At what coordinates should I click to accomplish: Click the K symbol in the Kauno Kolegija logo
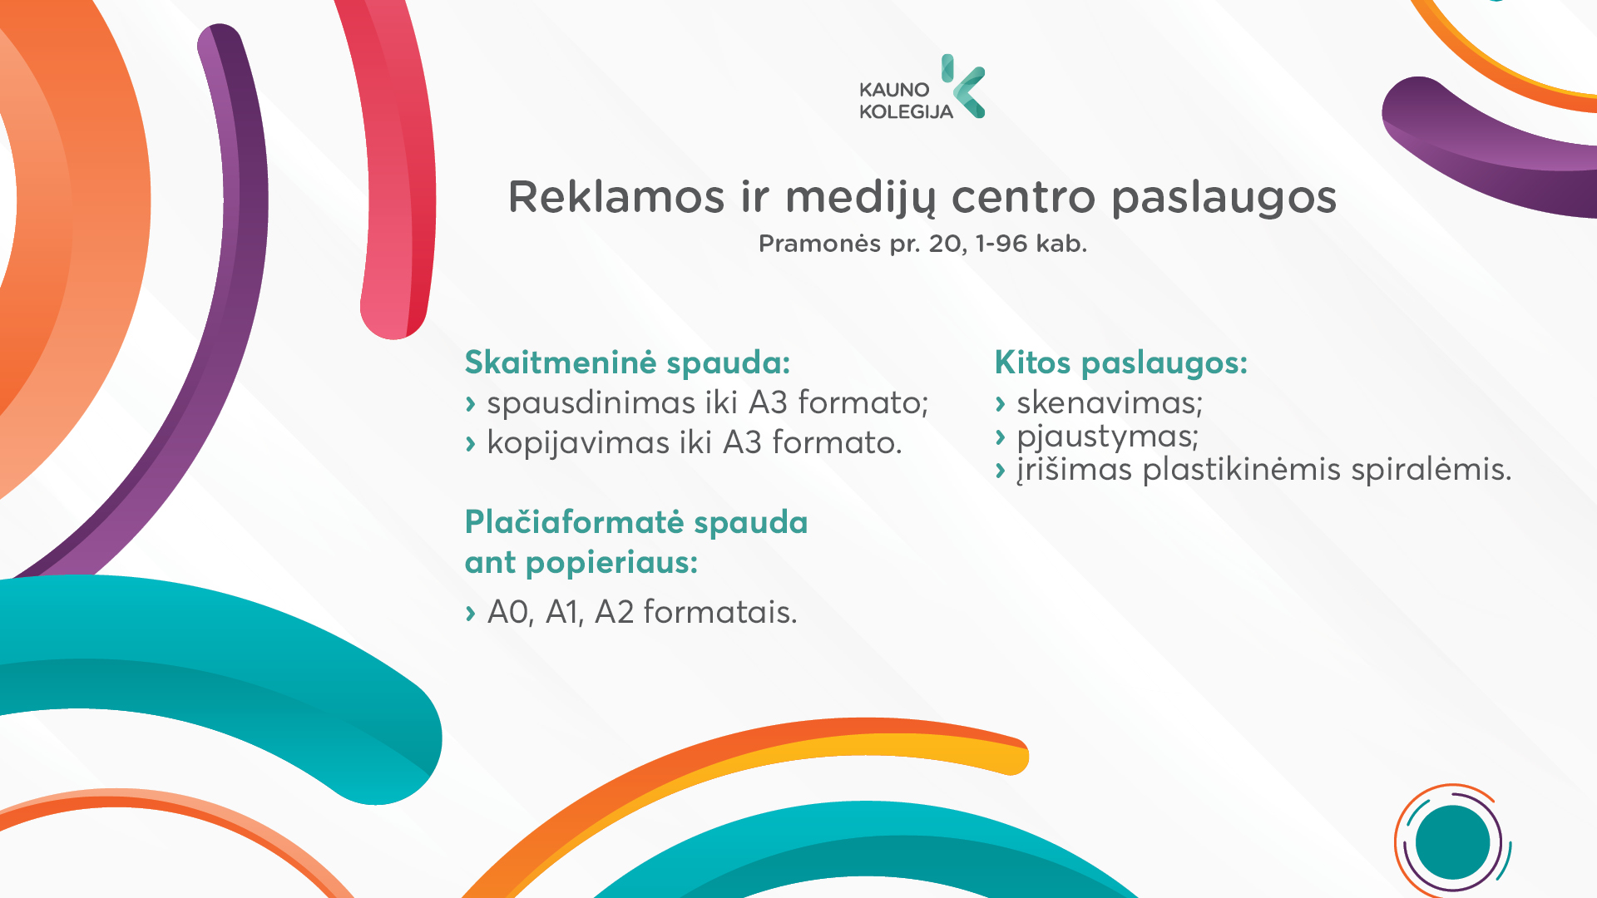pyautogui.click(x=963, y=86)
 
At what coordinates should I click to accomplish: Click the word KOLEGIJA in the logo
pyautogui.click(x=906, y=112)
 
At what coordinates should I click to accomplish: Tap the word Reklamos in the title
pyautogui.click(x=616, y=197)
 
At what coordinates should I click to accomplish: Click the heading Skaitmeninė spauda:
pyautogui.click(x=627, y=363)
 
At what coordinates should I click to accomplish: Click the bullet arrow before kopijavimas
pyautogui.click(x=471, y=444)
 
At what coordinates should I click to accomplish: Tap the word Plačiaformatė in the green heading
pyautogui.click(x=574, y=522)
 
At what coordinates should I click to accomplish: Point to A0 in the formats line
pyautogui.click(x=509, y=613)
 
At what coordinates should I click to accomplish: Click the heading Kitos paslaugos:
pyautogui.click(x=1121, y=363)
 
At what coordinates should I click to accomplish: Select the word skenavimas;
pyautogui.click(x=1110, y=403)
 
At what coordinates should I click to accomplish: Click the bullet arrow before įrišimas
pyautogui.click(x=1001, y=471)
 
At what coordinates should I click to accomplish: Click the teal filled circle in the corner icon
pyautogui.click(x=1452, y=842)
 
